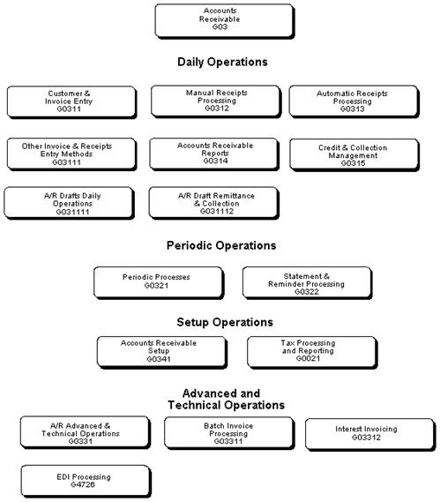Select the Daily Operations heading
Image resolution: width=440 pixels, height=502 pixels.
(x=222, y=63)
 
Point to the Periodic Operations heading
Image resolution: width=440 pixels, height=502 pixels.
(x=221, y=245)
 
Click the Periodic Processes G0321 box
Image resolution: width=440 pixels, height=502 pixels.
(x=156, y=281)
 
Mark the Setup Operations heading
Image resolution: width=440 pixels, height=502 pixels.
(x=224, y=322)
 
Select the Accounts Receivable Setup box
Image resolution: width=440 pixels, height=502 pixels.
(x=160, y=350)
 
